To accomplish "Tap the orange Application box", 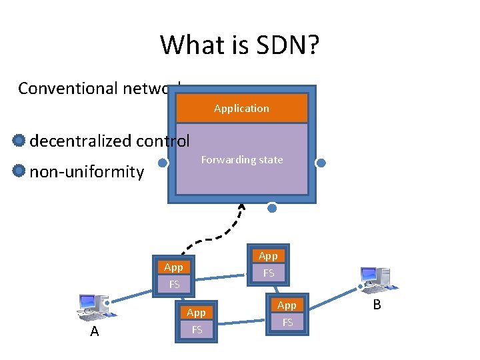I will (x=241, y=108).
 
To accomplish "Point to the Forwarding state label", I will (x=242, y=160).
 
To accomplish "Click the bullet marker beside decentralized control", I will (x=19, y=141).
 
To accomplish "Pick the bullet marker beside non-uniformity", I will (x=19, y=171).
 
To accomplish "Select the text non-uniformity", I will (x=87, y=172).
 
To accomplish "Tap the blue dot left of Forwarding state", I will (x=162, y=163).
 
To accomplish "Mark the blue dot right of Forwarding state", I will (x=321, y=163).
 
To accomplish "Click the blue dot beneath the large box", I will (x=272, y=208).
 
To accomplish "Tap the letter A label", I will (x=94, y=331).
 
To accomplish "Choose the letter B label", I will (x=377, y=305).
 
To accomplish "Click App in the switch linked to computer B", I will (x=287, y=305).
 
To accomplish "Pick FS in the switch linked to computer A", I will (x=174, y=284).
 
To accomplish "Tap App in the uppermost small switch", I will (x=268, y=256).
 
